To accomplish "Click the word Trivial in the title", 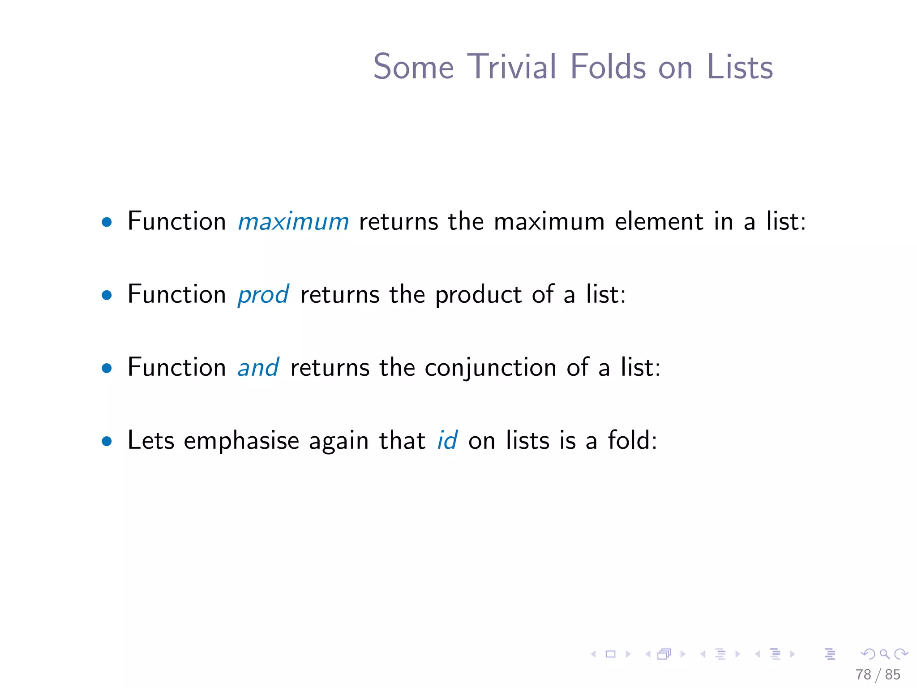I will point(511,67).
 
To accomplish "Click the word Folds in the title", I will point(608,67).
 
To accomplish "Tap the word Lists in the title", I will point(740,67).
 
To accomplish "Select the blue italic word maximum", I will point(293,222).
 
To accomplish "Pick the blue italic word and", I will point(258,368).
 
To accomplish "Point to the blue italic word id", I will point(447,441).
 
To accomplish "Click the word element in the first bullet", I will point(659,222).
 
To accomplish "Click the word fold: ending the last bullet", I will point(632,441).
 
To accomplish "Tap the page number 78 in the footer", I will point(863,675).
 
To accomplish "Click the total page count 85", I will point(892,675).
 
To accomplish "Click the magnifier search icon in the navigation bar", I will point(884,654).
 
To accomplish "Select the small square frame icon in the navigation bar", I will point(610,654).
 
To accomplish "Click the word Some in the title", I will point(413,67).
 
